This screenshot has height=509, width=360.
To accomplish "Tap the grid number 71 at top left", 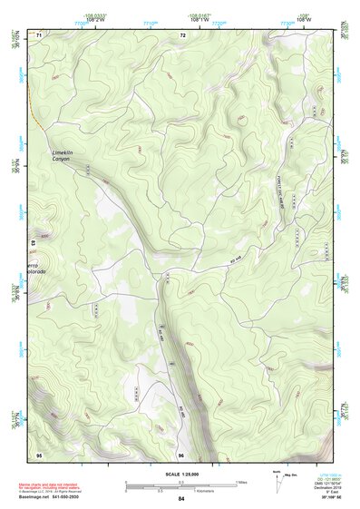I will (x=39, y=34).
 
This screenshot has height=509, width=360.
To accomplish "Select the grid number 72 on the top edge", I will (x=182, y=34).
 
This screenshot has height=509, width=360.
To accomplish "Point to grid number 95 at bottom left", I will (x=39, y=454).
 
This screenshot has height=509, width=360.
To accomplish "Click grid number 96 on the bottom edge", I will (x=181, y=454).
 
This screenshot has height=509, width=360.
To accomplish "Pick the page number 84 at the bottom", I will (x=181, y=499).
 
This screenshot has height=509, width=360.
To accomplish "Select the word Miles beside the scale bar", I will (x=242, y=482).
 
